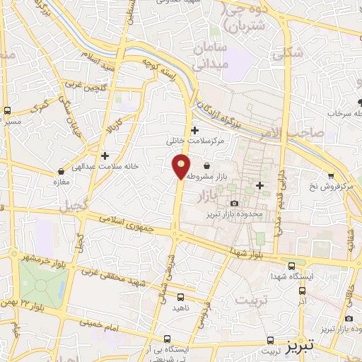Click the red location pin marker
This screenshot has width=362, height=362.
(x=181, y=167)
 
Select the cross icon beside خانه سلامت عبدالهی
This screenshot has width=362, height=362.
(x=105, y=155)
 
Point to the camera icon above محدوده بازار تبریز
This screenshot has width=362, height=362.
(x=235, y=204)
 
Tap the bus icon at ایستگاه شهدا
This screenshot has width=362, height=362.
(x=292, y=265)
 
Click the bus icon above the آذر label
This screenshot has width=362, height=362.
(x=303, y=291)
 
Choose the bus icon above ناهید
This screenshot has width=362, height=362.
(x=180, y=298)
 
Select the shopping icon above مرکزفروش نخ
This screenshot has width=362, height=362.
(x=330, y=175)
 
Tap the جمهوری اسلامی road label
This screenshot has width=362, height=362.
(x=135, y=225)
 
